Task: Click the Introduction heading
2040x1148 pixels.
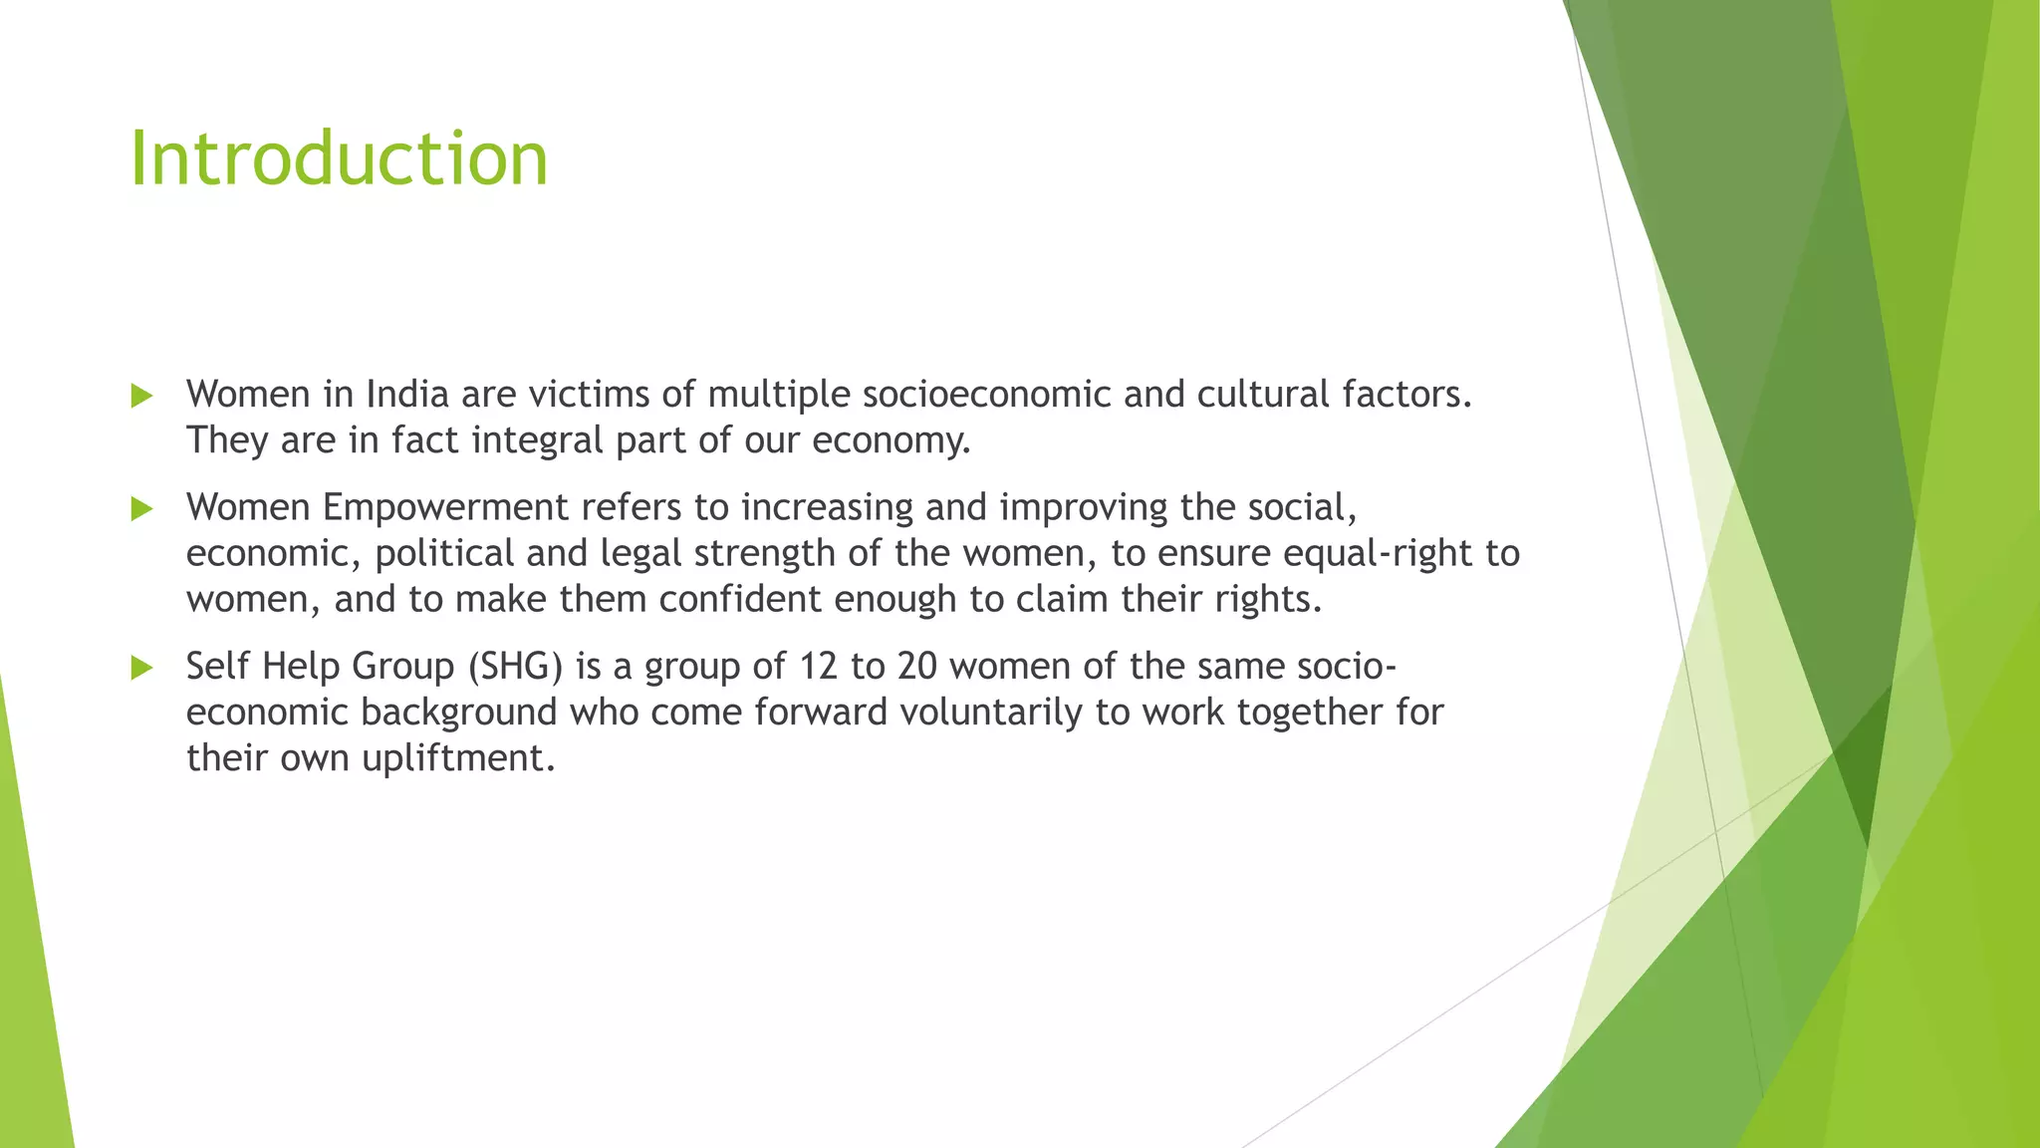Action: coord(339,159)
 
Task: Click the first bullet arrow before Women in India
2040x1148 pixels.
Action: coord(141,397)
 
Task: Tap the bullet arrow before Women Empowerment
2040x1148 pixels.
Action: coord(141,509)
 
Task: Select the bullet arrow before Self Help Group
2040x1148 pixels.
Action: coord(141,668)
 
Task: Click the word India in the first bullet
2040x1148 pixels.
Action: coord(407,395)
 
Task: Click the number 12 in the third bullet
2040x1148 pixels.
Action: coord(818,667)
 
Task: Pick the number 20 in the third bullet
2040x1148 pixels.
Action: coord(917,667)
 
